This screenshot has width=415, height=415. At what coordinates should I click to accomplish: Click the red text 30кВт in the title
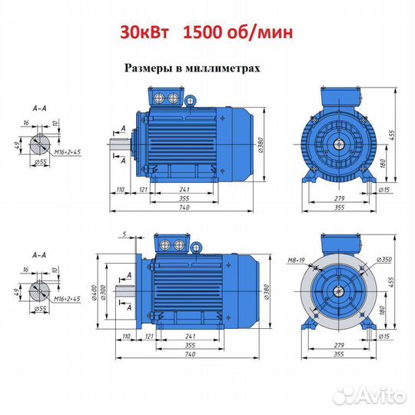tap(144, 33)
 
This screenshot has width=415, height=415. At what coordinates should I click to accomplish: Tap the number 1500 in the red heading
tap(203, 33)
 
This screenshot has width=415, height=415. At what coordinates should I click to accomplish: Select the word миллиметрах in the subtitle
tap(223, 68)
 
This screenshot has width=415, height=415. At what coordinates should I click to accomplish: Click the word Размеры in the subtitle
tap(148, 68)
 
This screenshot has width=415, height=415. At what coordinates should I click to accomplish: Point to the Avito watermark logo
tap(370, 396)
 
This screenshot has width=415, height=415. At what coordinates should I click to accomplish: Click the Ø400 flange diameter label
tap(95, 292)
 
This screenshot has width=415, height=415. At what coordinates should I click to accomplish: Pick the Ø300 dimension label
tap(103, 292)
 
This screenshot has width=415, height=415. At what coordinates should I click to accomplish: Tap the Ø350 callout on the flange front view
tap(384, 260)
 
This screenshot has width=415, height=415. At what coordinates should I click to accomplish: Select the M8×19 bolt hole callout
tap(296, 261)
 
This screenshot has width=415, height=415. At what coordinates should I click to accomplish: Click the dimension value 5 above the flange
tap(124, 234)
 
